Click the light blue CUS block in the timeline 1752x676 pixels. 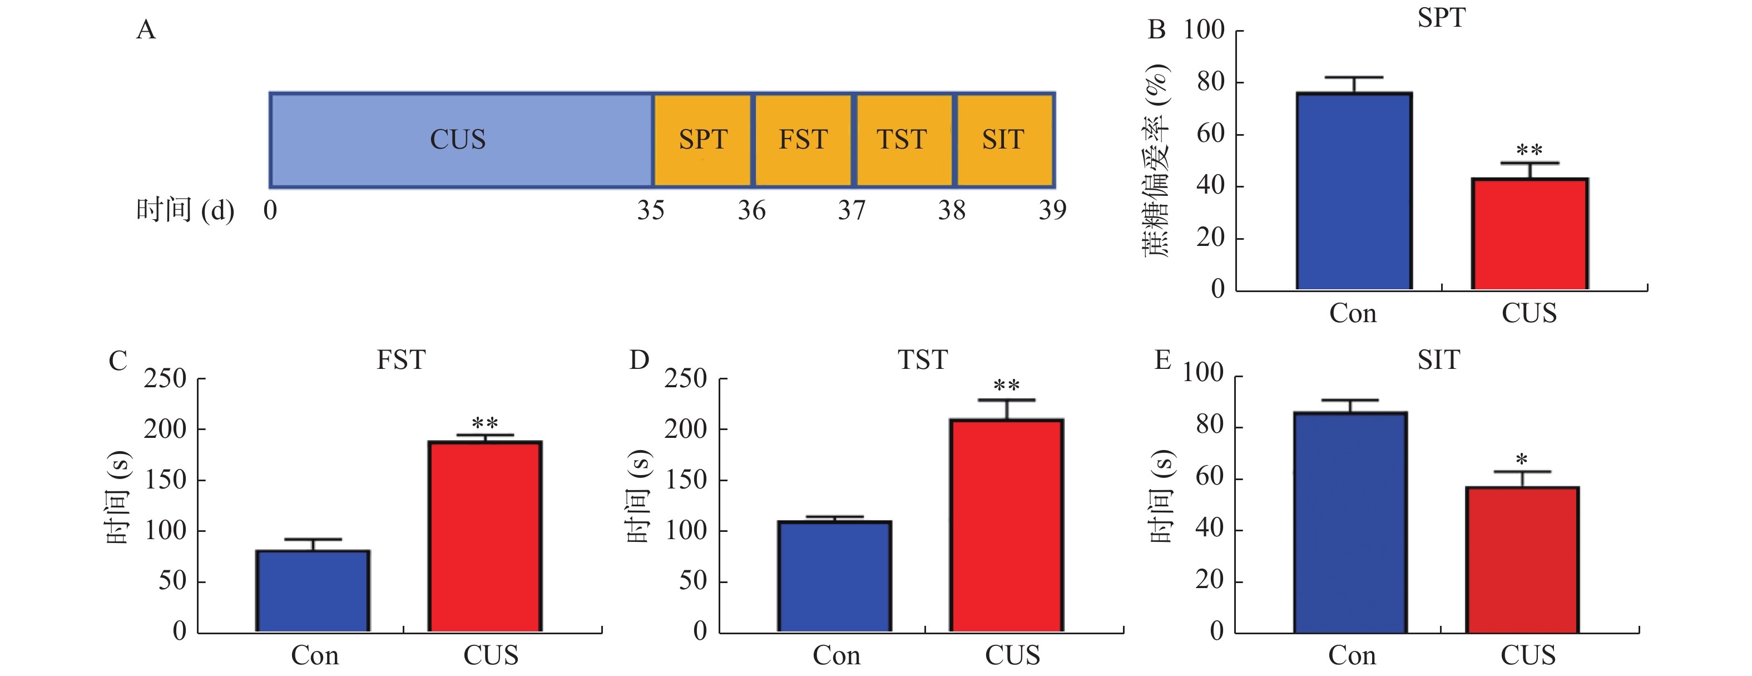[461, 140]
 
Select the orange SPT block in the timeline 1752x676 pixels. [702, 140]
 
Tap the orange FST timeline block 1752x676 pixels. [803, 140]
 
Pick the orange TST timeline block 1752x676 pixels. [903, 140]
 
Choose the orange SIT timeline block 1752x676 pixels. [1004, 140]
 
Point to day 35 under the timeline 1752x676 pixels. [650, 211]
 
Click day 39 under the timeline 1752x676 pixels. [1052, 211]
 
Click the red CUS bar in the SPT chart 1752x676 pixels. [1530, 235]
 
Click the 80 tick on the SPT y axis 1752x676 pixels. [1211, 82]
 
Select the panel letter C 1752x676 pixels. [118, 361]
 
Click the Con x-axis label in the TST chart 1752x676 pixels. [837, 655]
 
